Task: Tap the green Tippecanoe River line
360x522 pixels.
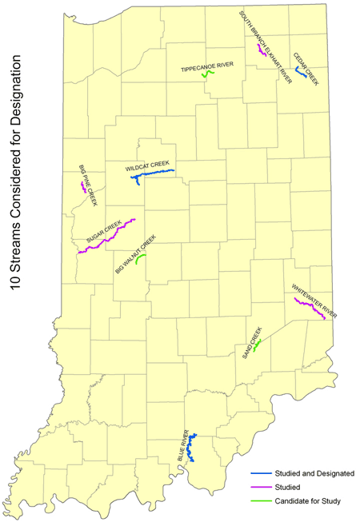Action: coord(208,74)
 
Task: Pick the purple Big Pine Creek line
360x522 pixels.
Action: coord(83,187)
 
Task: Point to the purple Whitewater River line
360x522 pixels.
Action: coord(309,309)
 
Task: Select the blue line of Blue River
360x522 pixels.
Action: coord(191,448)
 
